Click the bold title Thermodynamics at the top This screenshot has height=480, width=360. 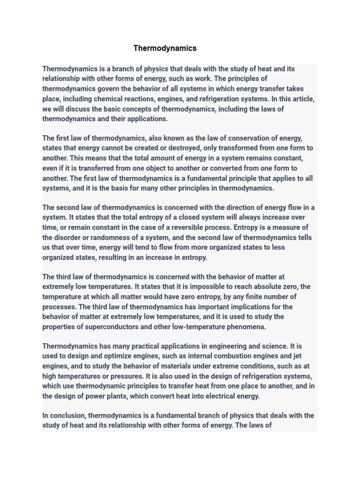tap(165, 48)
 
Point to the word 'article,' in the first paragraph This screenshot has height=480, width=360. tap(302, 99)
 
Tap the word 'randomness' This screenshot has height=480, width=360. tap(106, 238)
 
